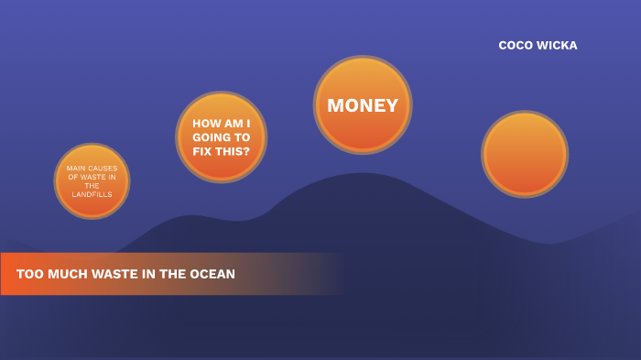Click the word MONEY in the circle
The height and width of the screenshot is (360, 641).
pos(363,105)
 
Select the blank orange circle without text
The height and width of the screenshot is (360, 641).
pos(525,154)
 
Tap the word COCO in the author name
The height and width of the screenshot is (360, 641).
pos(516,46)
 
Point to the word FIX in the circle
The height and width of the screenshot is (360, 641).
pos(202,151)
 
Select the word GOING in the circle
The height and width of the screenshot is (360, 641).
pos(210,137)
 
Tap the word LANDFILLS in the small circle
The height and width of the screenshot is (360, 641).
pos(92,194)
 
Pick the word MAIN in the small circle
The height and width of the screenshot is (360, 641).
pos(76,169)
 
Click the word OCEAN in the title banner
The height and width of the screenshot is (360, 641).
pos(212,274)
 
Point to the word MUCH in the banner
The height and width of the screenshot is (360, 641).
pos(66,274)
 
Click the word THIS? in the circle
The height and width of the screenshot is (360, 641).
pos(233,151)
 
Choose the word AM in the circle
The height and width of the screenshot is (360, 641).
pos(232,123)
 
